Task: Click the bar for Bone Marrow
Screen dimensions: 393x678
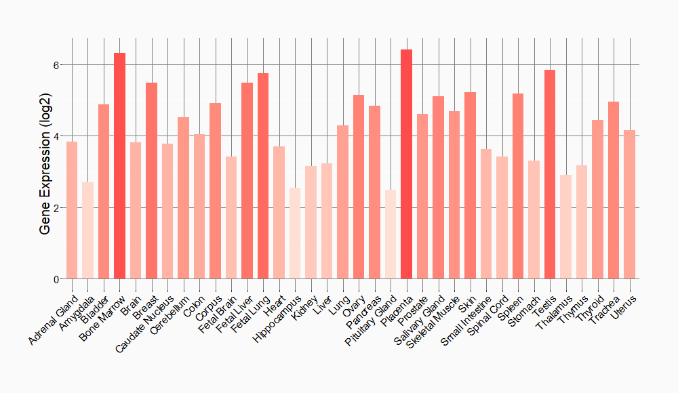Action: [119, 166]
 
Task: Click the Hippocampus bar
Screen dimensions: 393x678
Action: [295, 233]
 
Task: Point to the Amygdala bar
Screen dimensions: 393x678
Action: [87, 230]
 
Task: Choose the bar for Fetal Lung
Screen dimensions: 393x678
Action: [263, 176]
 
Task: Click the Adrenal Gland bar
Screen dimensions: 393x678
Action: [72, 210]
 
